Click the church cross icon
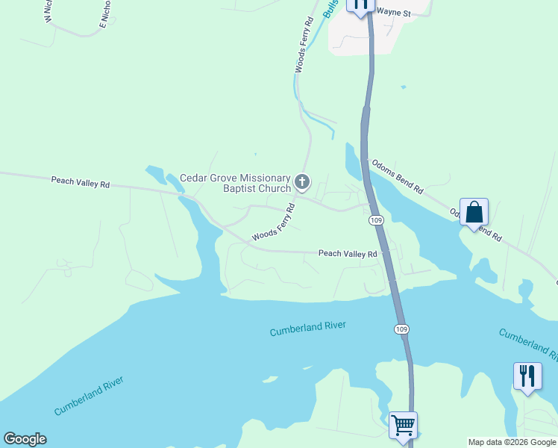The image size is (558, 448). pyautogui.click(x=302, y=181)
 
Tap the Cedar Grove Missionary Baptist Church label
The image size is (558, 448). pyautogui.click(x=235, y=183)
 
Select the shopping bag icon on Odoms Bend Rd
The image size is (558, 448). pyautogui.click(x=474, y=213)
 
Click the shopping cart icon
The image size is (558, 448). pyautogui.click(x=403, y=426)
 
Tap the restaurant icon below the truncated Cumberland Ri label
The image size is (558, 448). pyautogui.click(x=527, y=376)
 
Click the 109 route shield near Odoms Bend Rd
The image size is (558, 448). pyautogui.click(x=377, y=220)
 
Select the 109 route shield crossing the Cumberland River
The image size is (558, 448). pyautogui.click(x=401, y=329)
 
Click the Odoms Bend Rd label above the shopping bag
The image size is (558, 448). pyautogui.click(x=398, y=177)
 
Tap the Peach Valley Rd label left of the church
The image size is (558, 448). pyautogui.click(x=81, y=181)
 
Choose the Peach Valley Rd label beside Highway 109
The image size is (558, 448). pyautogui.click(x=348, y=254)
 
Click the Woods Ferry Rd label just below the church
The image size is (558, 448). pyautogui.click(x=274, y=223)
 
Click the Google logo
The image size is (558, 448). pyautogui.click(x=25, y=439)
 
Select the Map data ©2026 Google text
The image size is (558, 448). pyautogui.click(x=512, y=442)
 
